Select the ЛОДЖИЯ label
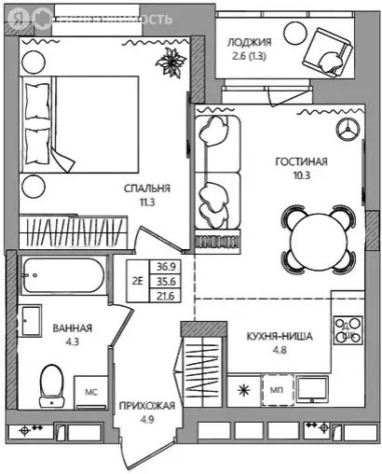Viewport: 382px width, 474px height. point(249,42)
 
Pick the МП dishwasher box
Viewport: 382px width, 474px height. point(277,390)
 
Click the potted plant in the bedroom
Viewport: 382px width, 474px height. point(172,63)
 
